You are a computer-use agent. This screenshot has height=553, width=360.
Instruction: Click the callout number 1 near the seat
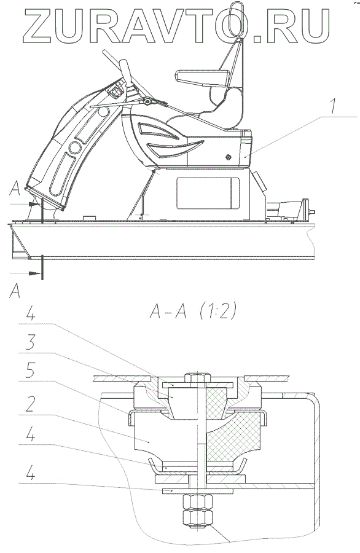[333, 106]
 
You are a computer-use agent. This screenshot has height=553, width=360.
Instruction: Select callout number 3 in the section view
[31, 342]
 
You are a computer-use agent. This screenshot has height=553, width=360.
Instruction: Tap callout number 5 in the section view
[31, 371]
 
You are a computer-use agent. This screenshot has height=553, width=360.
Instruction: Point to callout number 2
[30, 404]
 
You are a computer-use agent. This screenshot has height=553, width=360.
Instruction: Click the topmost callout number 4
[31, 313]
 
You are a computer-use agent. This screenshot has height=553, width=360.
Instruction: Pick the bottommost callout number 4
[31, 473]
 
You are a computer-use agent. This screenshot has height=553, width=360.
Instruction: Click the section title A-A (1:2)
[193, 312]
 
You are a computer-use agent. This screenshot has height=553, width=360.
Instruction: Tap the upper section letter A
[15, 189]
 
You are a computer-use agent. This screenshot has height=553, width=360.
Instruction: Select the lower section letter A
[15, 291]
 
